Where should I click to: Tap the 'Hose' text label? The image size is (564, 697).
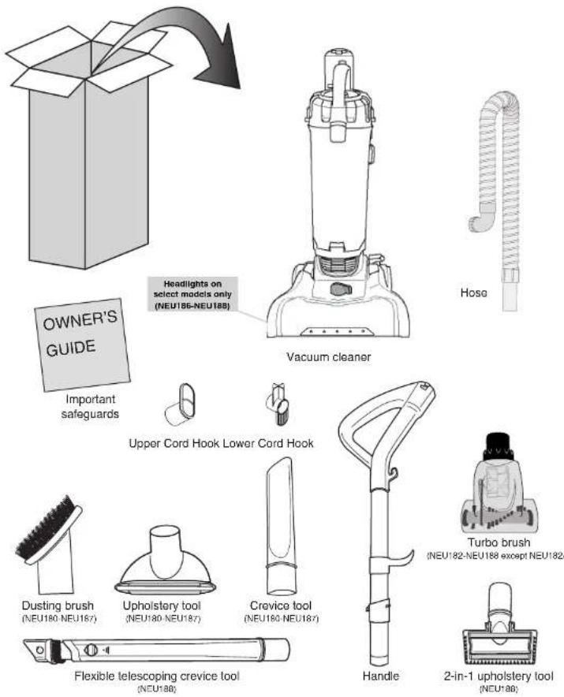(473, 292)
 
